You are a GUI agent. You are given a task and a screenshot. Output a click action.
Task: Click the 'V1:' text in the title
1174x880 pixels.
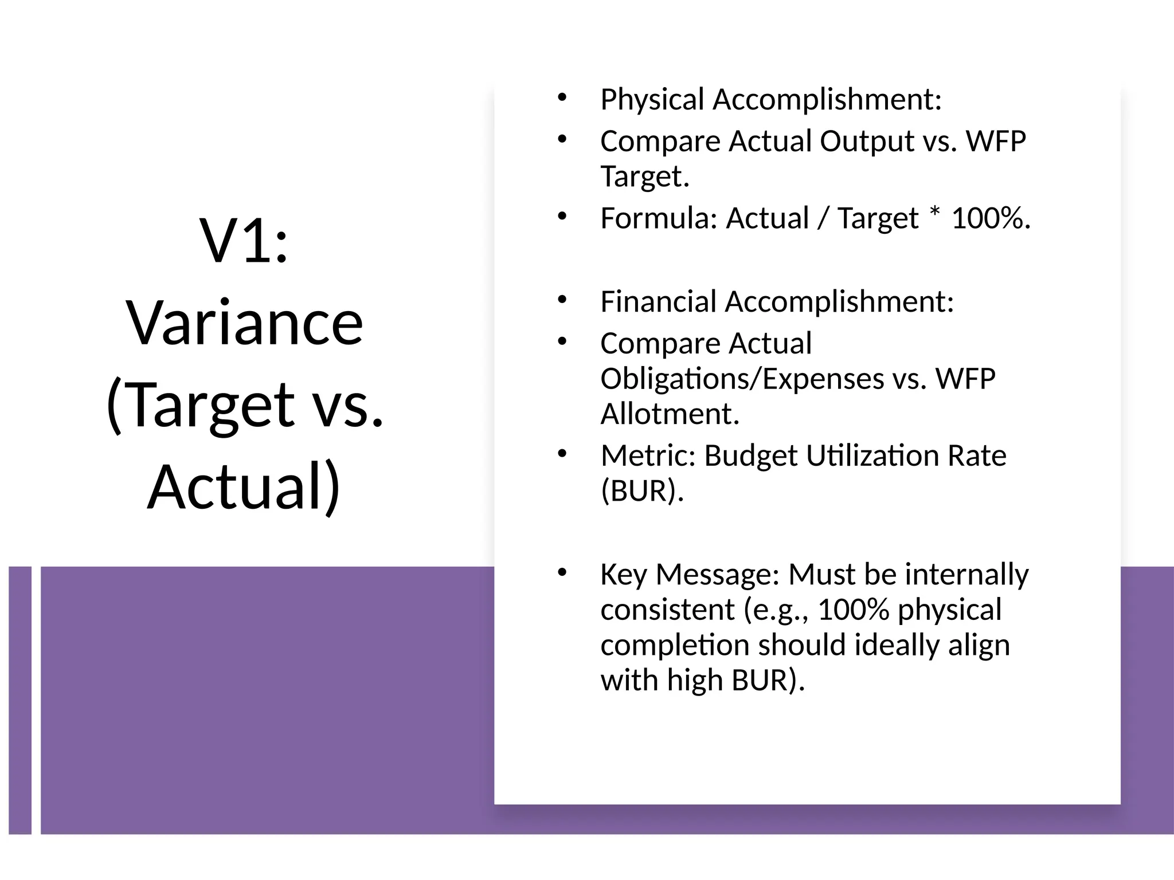[244, 241]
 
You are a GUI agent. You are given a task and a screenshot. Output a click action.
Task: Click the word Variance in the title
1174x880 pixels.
[245, 323]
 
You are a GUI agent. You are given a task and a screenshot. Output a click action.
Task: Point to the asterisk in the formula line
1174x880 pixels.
[935, 214]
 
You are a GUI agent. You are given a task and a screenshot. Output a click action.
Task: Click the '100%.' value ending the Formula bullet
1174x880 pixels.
[991, 218]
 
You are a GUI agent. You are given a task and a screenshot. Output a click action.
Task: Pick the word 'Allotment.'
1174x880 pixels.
[670, 414]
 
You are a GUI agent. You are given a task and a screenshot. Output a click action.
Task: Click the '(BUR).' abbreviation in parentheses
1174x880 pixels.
[642, 491]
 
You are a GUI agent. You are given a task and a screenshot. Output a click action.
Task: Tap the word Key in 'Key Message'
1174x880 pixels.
[623, 575]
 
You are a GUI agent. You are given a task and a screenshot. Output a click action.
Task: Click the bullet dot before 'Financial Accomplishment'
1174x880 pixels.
[562, 300]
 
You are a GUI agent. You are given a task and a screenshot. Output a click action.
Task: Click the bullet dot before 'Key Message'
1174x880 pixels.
[562, 572]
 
